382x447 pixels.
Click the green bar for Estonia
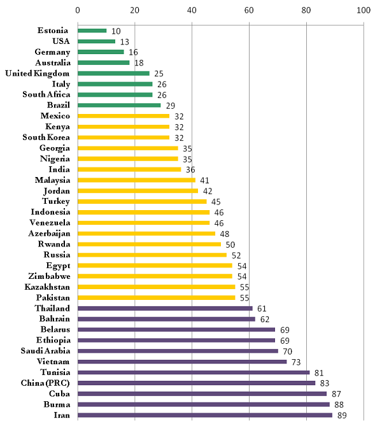pyautogui.click(x=92, y=31)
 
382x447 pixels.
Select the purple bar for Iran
pyautogui.click(x=204, y=415)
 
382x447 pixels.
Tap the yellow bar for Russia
pyautogui.click(x=152, y=255)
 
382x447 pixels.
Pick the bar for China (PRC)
pyautogui.click(x=196, y=383)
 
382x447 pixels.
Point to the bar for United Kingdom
pyautogui.click(x=113, y=73)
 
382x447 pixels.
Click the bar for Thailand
pyautogui.click(x=164, y=308)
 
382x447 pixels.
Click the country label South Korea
pyautogui.click(x=46, y=138)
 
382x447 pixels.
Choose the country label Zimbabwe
pyautogui.click(x=49, y=276)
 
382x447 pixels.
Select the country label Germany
pyautogui.click(x=53, y=52)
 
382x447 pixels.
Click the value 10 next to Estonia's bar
pyautogui.click(x=116, y=31)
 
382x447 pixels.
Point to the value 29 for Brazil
pyautogui.click(x=169, y=105)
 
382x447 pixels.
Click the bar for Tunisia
pyautogui.click(x=193, y=372)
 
